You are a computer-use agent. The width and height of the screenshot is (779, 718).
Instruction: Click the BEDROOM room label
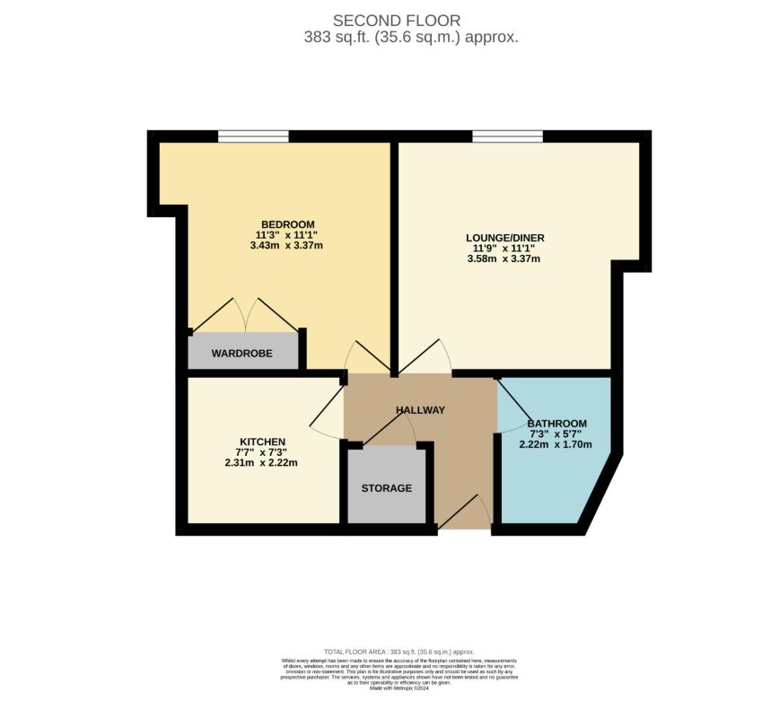point(287,224)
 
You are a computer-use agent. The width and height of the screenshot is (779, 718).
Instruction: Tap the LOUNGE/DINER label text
point(504,238)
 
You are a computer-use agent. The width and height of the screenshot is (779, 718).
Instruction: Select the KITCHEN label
point(261,442)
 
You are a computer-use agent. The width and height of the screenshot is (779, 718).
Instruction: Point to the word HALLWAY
point(420,410)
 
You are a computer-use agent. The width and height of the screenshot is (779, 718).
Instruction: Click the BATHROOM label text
point(556,424)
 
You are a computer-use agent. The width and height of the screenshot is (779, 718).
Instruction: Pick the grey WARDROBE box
point(242,352)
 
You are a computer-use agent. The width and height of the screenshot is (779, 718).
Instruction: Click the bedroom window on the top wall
point(253,136)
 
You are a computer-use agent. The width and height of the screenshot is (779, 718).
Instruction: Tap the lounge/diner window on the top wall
point(507,136)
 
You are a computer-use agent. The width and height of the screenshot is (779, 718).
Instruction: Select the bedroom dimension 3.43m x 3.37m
point(287,246)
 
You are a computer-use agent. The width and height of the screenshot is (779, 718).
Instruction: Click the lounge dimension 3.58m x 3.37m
point(504,259)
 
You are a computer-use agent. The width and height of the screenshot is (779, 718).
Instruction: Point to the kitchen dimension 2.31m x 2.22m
point(261,463)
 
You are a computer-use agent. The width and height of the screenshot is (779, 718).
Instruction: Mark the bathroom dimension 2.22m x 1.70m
point(556,443)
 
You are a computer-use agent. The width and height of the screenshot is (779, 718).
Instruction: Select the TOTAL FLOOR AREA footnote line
point(398,652)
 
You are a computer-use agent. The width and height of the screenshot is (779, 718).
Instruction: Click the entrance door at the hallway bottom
point(464,516)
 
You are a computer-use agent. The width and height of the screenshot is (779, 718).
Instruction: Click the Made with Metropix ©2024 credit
point(398,688)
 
